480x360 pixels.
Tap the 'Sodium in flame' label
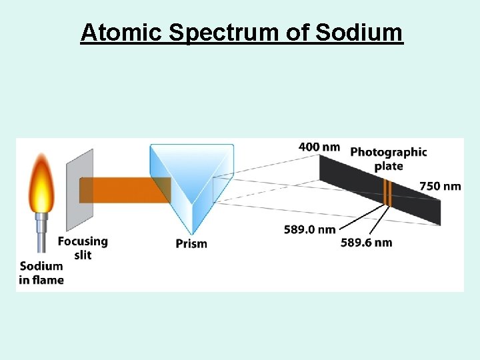41,273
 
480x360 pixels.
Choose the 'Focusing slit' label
83,247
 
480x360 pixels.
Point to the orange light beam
123,189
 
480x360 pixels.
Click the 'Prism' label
191,243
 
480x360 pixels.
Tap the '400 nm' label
319,147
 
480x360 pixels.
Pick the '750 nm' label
440,186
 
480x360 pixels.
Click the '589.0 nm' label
309,229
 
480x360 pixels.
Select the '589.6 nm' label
366,242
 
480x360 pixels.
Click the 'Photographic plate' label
389,159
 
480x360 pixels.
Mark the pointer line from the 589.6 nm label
381,221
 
